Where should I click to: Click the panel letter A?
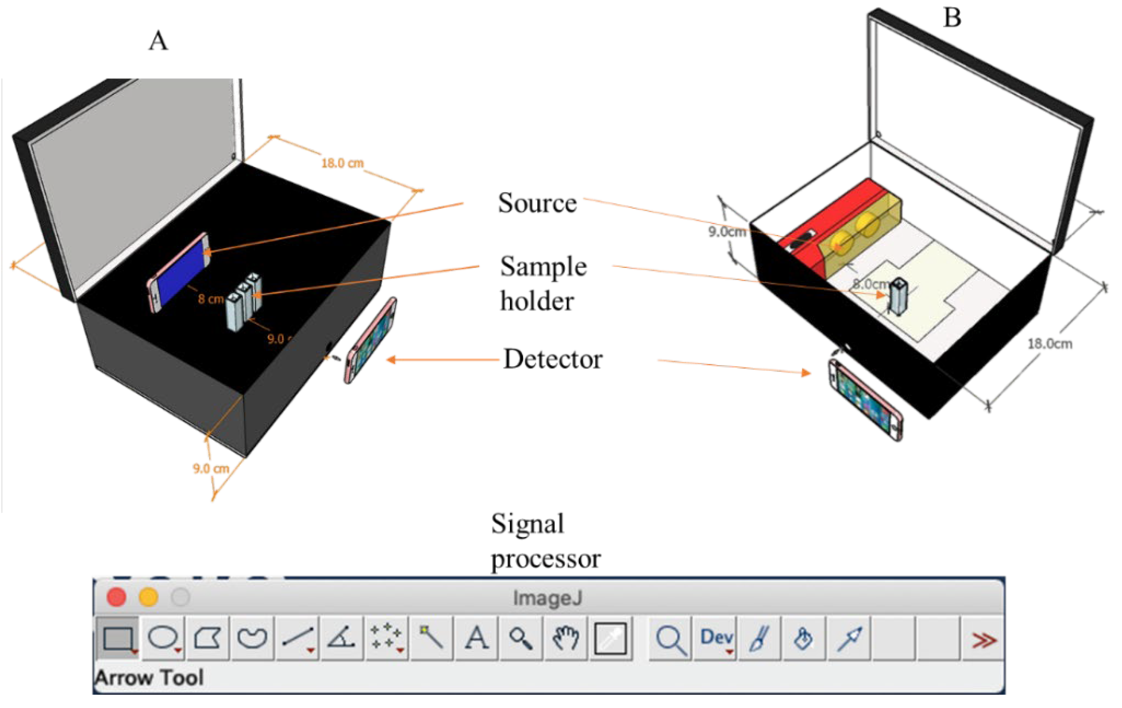(158, 41)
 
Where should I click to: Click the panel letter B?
(952, 18)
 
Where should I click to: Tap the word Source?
(537, 203)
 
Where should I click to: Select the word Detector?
(553, 360)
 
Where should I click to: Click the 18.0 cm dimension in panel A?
(342, 163)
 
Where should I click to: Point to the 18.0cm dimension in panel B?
(1050, 344)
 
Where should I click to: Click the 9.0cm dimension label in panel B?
(727, 232)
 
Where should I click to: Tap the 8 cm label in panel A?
(210, 299)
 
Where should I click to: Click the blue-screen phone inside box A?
(179, 272)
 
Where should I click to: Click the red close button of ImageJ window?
(116, 597)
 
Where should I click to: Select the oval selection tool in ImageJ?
(163, 638)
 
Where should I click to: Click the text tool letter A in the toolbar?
(476, 638)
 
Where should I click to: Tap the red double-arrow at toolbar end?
(983, 640)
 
